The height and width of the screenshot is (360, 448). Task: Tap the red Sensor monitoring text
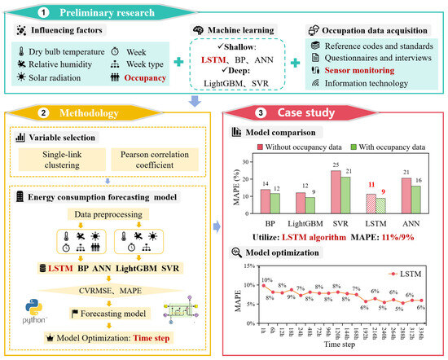367,71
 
